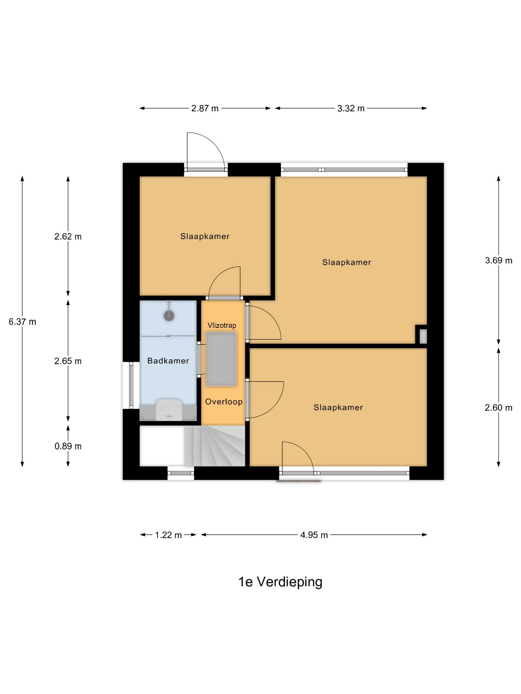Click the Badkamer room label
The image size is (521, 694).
click(x=168, y=361)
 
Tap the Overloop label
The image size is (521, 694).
click(x=224, y=402)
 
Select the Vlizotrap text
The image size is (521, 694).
click(x=222, y=325)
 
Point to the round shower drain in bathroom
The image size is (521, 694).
click(x=169, y=316)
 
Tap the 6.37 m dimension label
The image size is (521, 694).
click(x=22, y=322)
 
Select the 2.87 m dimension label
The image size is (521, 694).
click(x=205, y=108)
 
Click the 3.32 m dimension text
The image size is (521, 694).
click(x=351, y=108)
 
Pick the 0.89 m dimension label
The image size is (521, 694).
click(x=68, y=446)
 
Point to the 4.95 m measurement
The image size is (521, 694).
click(x=314, y=535)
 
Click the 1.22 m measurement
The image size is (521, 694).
click(x=168, y=535)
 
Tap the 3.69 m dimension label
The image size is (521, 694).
click(x=499, y=261)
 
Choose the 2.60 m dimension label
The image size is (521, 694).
click(x=499, y=408)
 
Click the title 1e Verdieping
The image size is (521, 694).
click(x=280, y=582)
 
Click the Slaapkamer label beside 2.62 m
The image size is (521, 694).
click(x=205, y=236)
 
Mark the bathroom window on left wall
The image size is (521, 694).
click(x=131, y=385)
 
